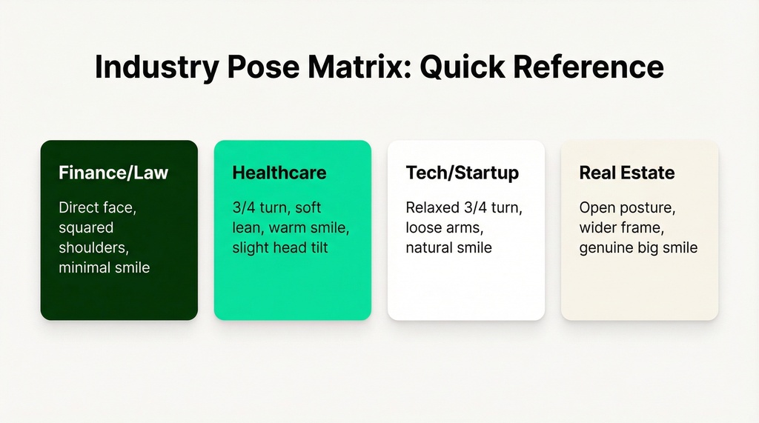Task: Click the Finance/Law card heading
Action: point(113,173)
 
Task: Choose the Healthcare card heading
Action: point(279,173)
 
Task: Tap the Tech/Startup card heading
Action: point(463,173)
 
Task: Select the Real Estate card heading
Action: point(627,173)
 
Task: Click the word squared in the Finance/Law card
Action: point(86,228)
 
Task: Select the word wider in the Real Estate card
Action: point(599,228)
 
